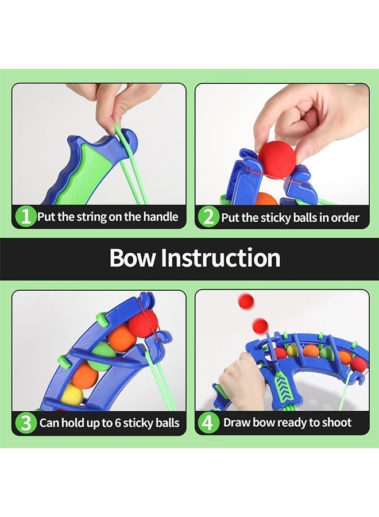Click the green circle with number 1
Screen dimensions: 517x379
coord(25,217)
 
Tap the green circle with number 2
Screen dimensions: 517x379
coord(208,217)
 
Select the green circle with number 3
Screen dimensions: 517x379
coord(25,423)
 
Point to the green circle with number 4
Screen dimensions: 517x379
coord(208,423)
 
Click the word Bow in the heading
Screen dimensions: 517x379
coord(133,258)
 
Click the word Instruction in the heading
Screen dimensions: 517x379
coord(220,258)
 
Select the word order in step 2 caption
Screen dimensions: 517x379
coord(345,217)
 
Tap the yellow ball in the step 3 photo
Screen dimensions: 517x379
coord(71,395)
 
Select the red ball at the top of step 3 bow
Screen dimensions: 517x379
coord(143,323)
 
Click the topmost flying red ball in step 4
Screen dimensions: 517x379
coord(246,301)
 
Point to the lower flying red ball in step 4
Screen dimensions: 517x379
coord(260,326)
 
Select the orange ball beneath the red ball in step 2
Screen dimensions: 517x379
coord(265,199)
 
